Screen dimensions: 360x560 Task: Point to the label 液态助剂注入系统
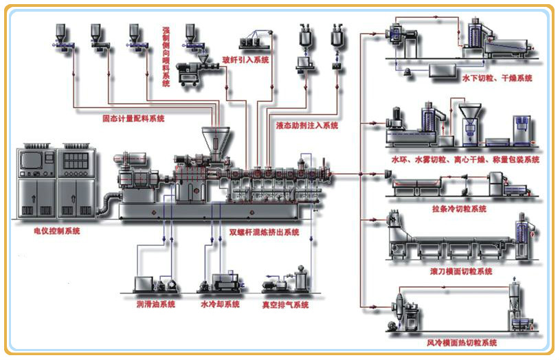pos(307,126)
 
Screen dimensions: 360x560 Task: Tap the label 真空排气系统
pos(285,304)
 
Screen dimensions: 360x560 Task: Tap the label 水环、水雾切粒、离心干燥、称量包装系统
pos(465,159)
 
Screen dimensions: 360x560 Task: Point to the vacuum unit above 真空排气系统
pos(285,282)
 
